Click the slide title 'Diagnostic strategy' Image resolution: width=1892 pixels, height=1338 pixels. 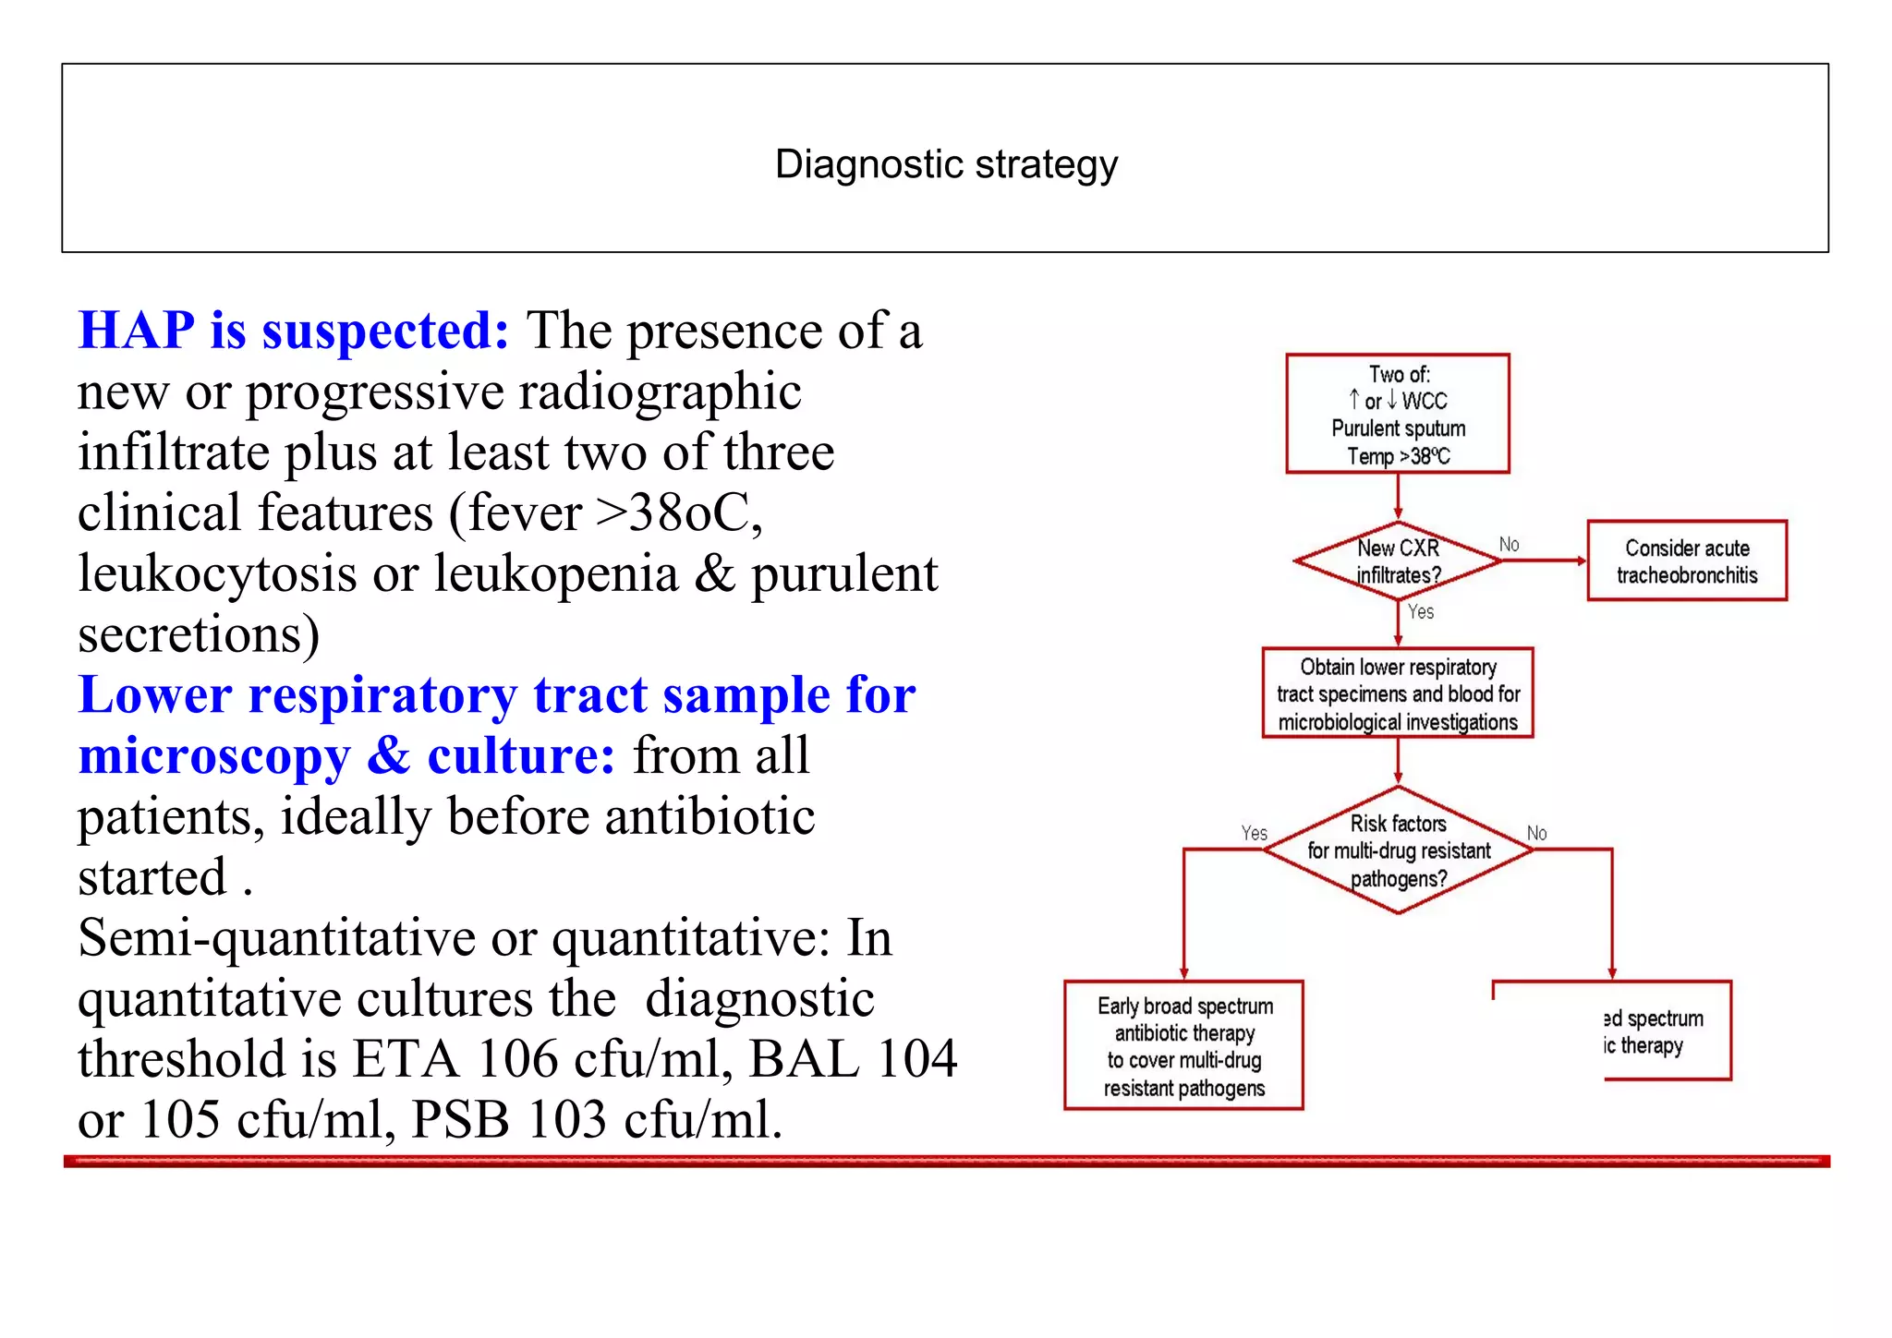coord(946,164)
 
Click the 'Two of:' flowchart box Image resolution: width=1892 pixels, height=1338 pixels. coord(1397,413)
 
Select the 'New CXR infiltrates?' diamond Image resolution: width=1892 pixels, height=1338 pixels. coord(1398,561)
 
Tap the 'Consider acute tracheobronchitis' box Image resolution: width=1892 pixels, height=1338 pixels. coord(1687,561)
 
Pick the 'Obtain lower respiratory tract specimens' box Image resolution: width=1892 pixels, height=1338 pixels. coord(1398,693)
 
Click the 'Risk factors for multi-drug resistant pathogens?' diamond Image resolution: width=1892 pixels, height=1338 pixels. coord(1399,850)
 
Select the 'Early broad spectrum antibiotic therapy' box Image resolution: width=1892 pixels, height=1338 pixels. coord(1184,1045)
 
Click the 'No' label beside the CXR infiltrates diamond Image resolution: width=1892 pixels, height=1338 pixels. coord(1509,544)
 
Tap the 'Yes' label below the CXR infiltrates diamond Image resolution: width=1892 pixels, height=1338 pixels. coord(1421,611)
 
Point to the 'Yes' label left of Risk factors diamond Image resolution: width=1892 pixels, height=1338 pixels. coord(1254,832)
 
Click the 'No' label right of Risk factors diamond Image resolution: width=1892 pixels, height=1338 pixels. coord(1536,832)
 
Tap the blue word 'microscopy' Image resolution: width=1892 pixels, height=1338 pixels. coord(214,757)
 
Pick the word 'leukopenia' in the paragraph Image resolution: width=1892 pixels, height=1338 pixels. coord(556,573)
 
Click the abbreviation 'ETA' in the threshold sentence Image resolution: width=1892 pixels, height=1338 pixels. coord(406,1059)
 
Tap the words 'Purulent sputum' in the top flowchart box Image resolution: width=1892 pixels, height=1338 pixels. coord(1398,428)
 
